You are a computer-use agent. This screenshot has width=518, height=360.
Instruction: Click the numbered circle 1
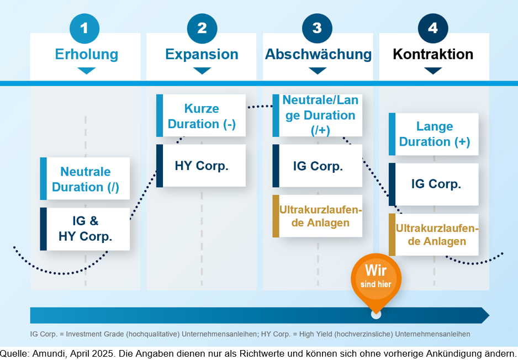click(x=84, y=28)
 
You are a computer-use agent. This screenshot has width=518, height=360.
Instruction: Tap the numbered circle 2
click(x=202, y=28)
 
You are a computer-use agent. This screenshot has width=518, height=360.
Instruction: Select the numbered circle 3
click(x=317, y=28)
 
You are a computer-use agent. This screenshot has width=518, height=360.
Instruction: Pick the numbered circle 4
click(x=433, y=28)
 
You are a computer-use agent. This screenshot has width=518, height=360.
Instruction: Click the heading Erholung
click(x=86, y=54)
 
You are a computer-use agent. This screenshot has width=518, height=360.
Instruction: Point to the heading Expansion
click(x=202, y=54)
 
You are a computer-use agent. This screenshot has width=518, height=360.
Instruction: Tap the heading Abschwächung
click(x=318, y=54)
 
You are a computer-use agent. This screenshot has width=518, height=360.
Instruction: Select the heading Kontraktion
click(x=433, y=54)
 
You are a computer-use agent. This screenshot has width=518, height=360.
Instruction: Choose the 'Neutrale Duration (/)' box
click(x=85, y=179)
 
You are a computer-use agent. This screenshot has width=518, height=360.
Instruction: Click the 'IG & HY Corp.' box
click(x=85, y=229)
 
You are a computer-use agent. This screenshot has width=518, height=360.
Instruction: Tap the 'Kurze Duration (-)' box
click(x=202, y=116)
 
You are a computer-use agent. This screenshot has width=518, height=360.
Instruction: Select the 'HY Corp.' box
click(x=202, y=166)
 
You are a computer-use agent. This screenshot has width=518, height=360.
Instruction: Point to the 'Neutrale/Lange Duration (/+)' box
click(x=318, y=115)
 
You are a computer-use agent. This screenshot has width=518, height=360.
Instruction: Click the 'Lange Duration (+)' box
click(x=434, y=134)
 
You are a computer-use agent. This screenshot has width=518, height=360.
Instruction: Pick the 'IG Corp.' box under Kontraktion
click(x=434, y=184)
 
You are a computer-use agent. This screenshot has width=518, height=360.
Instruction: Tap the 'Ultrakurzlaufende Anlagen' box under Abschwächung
click(x=318, y=216)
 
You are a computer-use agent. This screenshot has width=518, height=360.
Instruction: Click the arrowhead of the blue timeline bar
click(x=485, y=315)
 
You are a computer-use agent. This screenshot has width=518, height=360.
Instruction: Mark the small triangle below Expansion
click(x=202, y=71)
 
